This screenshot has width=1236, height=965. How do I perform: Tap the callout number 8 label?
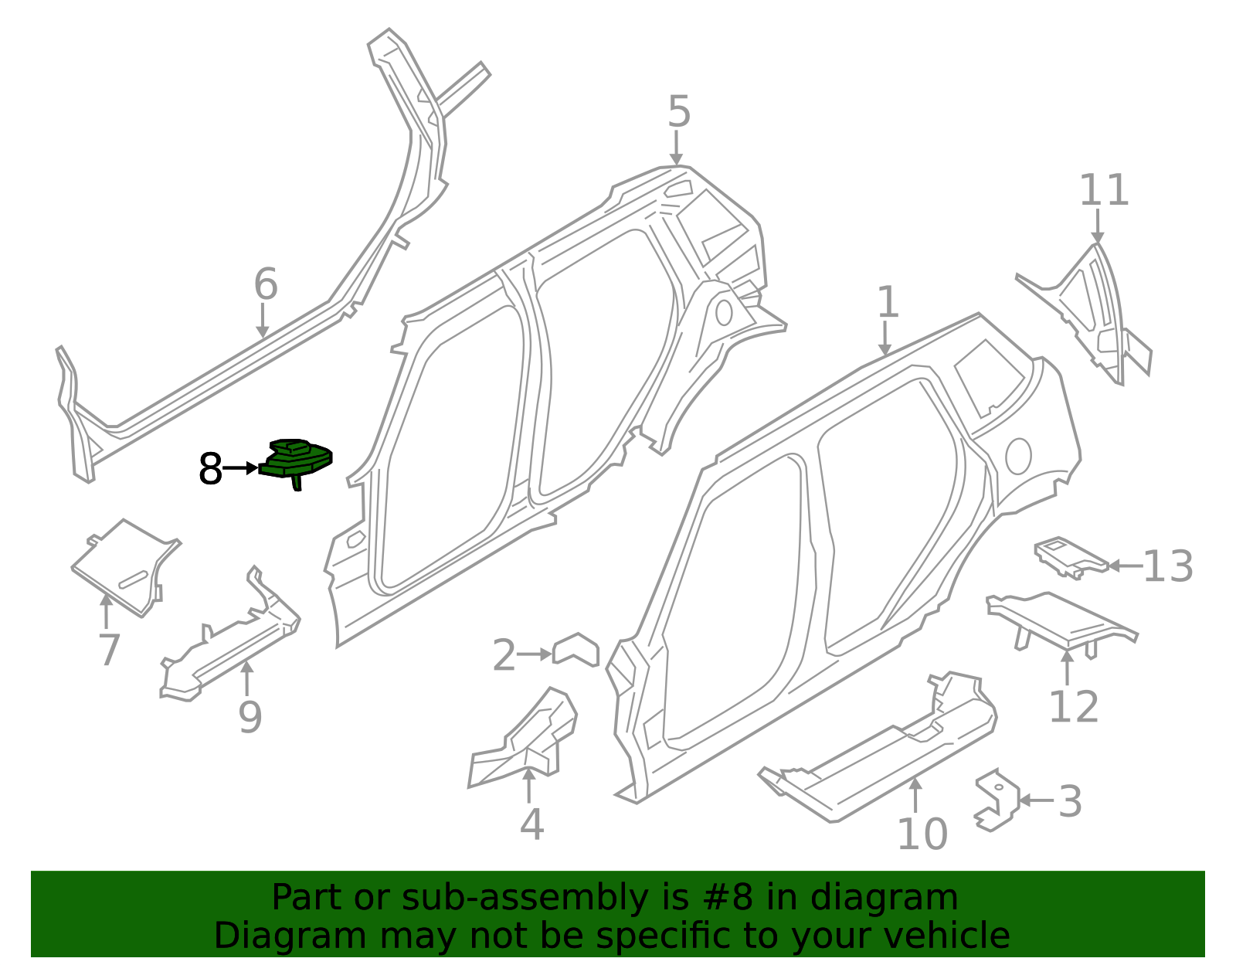click(210, 469)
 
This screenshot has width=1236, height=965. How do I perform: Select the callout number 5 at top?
click(678, 112)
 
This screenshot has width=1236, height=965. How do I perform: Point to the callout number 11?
click(1103, 191)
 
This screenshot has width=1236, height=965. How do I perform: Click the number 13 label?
click(1167, 566)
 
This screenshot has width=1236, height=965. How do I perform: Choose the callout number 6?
click(266, 284)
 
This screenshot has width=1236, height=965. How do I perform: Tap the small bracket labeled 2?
click(576, 650)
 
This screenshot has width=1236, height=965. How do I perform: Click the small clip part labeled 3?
click(997, 800)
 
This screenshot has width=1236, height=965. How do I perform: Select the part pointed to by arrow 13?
click(1071, 558)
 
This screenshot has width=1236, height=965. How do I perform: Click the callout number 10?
click(922, 834)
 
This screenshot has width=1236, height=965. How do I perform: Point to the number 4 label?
click(531, 824)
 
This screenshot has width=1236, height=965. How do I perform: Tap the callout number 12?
click(1073, 707)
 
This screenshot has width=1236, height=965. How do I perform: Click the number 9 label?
click(250, 717)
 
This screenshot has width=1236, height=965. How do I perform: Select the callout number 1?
click(888, 303)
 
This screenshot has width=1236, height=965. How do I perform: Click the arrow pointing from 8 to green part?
click(240, 468)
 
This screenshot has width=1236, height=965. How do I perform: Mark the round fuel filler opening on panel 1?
click(1018, 456)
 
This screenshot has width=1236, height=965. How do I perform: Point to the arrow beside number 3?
click(1035, 800)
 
